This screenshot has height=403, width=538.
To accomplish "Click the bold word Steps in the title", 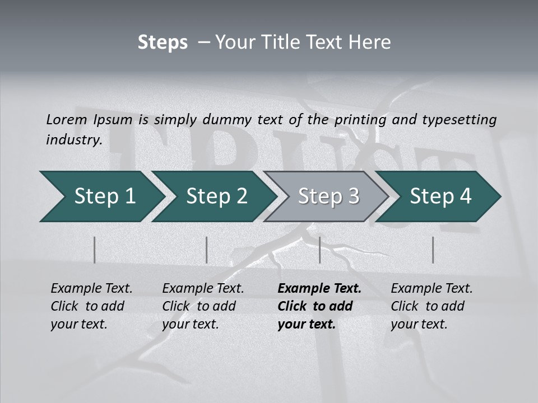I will [163, 43].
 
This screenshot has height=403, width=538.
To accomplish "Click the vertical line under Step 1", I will [95, 250].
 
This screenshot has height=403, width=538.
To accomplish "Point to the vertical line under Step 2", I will [207, 250].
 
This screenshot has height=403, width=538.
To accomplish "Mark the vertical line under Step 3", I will [319, 250].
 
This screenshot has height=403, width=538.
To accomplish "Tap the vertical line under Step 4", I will [433, 250].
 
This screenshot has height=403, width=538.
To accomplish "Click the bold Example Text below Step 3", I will [319, 289].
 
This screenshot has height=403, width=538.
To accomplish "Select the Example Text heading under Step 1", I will [91, 289].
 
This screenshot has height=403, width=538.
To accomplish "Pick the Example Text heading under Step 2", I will [203, 289].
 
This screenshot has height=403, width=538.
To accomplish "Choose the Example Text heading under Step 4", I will [432, 289].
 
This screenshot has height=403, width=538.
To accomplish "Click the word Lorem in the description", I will [66, 119].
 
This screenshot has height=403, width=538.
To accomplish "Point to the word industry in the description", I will [74, 140].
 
